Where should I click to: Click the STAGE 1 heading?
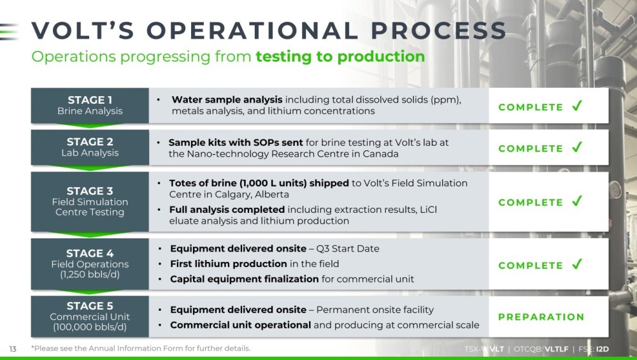(90, 100)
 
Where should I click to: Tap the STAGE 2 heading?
(90, 142)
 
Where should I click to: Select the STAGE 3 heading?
(90, 191)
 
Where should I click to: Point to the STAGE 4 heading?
(90, 253)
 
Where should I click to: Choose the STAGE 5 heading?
(90, 306)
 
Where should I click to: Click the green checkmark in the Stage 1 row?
(577, 106)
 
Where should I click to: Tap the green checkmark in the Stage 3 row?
(577, 201)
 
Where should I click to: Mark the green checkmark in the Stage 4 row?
(577, 264)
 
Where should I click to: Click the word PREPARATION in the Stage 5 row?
(541, 317)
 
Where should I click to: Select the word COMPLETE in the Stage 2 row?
(531, 148)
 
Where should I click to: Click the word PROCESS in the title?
(438, 31)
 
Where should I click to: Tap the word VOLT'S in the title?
(83, 31)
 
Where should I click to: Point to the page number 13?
(13, 349)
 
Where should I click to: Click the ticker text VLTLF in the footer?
(557, 349)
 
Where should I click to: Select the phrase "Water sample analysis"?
(227, 100)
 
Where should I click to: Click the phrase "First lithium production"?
(229, 264)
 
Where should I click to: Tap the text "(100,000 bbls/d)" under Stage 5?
(90, 327)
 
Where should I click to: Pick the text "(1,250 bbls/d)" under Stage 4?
(90, 274)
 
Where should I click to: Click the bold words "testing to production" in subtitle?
(340, 57)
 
